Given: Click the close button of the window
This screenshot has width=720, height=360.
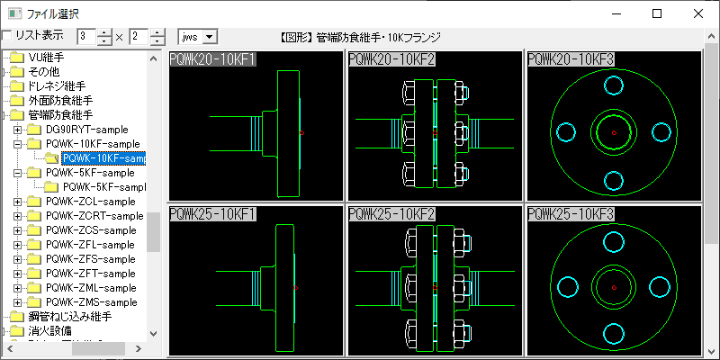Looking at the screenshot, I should click(698, 13).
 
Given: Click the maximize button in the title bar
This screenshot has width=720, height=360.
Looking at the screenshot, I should click(657, 13).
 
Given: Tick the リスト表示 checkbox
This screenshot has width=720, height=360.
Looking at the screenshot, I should click(7, 36).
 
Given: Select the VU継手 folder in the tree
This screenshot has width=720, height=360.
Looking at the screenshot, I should click(45, 58).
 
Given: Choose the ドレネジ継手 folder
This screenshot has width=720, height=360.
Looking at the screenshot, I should click(59, 86).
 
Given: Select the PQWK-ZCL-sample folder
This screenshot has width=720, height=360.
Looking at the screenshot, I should click(90, 202).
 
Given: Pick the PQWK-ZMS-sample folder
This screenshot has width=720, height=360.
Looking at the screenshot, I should click(91, 302).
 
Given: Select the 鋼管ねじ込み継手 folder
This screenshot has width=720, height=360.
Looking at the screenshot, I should click(68, 317).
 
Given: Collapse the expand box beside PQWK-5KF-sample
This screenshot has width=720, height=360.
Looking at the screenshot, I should click(18, 173).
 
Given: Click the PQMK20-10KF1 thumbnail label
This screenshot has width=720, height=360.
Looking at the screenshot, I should click(212, 59).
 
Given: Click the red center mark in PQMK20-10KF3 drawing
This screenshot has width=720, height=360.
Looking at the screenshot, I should click(613, 133).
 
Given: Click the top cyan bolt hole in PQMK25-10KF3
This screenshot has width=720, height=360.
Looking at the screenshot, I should click(613, 240).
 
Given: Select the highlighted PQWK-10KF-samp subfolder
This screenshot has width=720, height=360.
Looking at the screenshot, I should click(103, 158).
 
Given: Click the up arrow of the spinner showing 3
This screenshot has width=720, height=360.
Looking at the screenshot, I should click(103, 32).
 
